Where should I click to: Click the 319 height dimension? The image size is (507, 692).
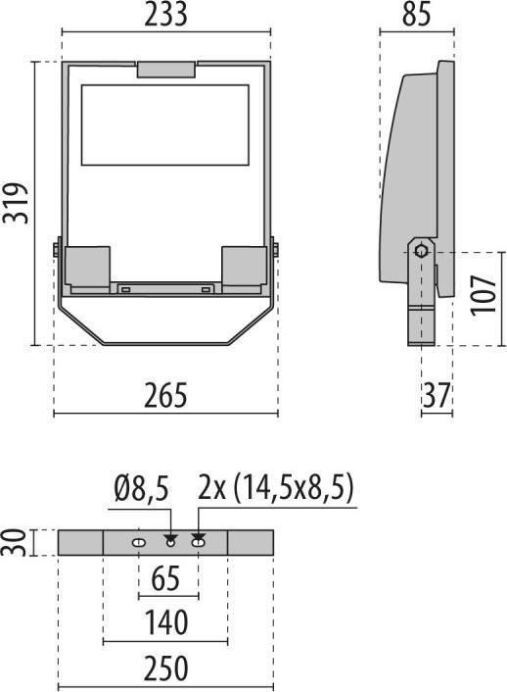tap(16, 203)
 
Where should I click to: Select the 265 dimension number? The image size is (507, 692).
tap(165, 395)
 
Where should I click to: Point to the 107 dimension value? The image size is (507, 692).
tap(484, 295)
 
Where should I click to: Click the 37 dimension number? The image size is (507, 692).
tap(437, 395)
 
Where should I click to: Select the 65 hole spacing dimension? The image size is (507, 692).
tap(166, 578)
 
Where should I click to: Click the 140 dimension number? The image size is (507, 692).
tap(166, 622)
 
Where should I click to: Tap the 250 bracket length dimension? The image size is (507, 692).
tap(166, 668)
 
